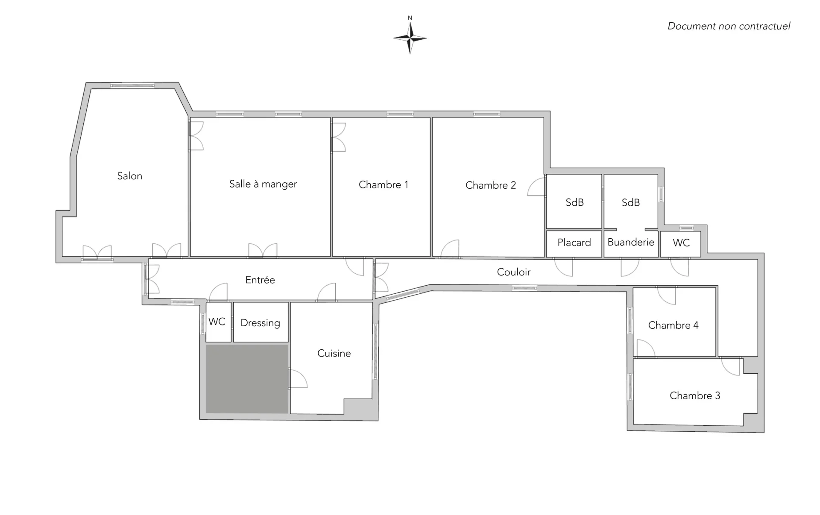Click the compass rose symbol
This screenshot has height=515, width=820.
410,38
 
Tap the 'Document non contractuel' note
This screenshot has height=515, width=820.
729,26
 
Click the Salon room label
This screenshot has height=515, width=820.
129,176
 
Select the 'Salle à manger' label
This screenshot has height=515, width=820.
263,184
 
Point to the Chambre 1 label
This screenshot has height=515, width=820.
384,184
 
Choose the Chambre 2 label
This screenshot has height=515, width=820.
491,185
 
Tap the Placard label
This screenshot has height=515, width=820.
574,243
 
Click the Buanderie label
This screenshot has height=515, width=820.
631,242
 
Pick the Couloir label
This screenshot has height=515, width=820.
514,272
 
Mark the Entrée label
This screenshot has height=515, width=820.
260,280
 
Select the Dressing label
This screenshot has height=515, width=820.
260,323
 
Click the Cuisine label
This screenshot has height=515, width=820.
334,353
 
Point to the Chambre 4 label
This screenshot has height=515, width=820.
673,325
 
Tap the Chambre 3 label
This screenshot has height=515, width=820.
695,396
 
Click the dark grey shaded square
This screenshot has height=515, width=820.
247,379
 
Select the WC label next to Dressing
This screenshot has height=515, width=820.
217,322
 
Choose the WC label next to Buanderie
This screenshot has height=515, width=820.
681,243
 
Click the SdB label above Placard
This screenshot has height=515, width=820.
574,202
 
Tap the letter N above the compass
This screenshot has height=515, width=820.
410,18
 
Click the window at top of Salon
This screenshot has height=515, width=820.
132,86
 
